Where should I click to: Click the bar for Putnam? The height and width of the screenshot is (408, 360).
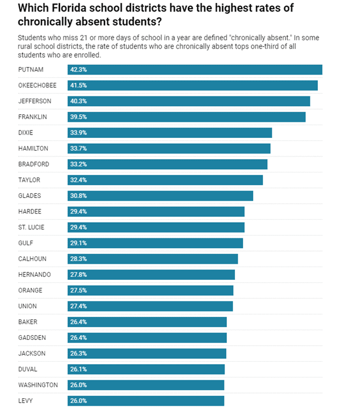(195, 70)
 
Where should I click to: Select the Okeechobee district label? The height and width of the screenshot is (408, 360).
(37, 85)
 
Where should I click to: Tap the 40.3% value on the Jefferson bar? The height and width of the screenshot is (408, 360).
(78, 101)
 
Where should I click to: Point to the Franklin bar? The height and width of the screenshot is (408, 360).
(186, 117)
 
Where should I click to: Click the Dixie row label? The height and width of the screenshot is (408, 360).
(25, 133)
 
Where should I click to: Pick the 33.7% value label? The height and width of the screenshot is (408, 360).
(78, 148)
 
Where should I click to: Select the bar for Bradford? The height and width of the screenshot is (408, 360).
(167, 164)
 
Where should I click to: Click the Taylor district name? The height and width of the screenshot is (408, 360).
(29, 180)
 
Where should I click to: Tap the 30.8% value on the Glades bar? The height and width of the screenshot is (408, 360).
(78, 196)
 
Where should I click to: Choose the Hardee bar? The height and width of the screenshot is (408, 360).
(156, 212)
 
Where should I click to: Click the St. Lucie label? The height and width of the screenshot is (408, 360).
(31, 227)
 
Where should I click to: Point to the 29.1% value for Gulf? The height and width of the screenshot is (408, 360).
(78, 244)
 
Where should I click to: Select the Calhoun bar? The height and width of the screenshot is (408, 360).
(153, 259)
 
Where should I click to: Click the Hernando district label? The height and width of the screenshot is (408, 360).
(35, 275)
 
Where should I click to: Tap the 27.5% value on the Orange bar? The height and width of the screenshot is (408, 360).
(78, 291)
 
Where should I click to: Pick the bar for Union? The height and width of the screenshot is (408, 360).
(150, 306)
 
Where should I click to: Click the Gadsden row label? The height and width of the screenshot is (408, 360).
(32, 338)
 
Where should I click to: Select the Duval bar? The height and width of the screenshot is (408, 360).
(146, 369)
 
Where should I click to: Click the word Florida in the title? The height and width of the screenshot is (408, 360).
(69, 8)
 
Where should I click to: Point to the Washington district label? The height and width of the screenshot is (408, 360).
(38, 385)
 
